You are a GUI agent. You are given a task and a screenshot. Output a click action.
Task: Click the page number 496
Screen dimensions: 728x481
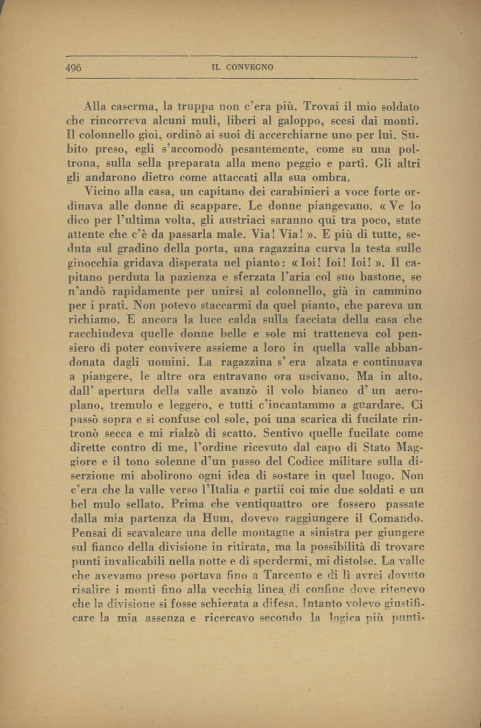73,67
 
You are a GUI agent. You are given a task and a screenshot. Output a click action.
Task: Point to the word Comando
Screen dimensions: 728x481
393,518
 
